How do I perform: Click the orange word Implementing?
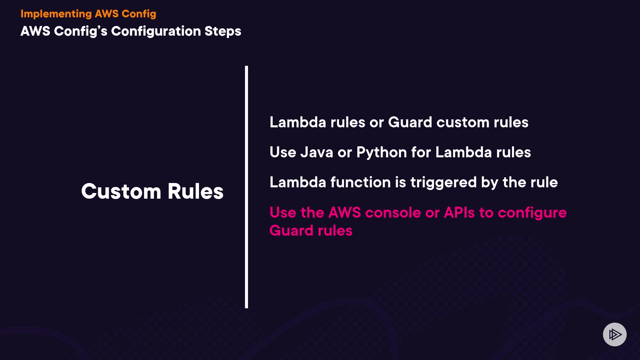click(56, 14)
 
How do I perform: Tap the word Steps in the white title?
click(223, 31)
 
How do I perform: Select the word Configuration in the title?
click(156, 31)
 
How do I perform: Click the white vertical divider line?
click(246, 187)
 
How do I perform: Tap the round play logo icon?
click(615, 334)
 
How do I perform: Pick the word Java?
click(317, 152)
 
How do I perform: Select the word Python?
click(382, 153)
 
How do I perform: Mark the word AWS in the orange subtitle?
click(107, 14)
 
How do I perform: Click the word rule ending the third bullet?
click(544, 182)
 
